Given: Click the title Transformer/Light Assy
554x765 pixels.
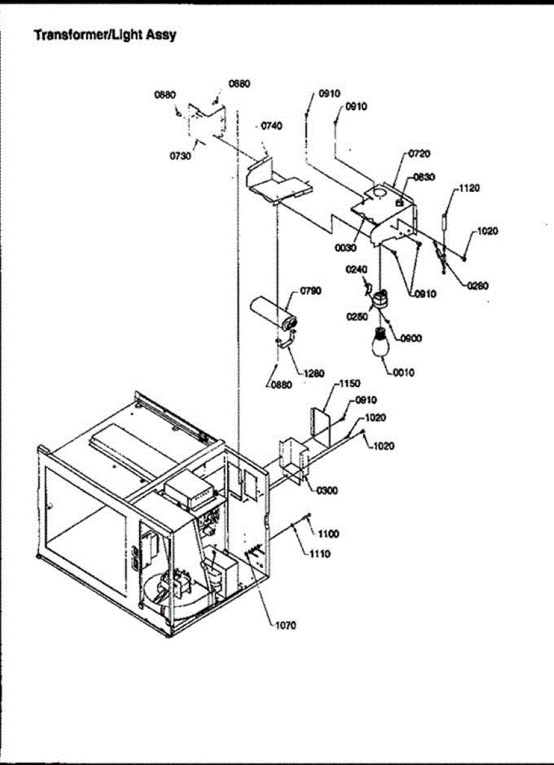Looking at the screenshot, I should (x=105, y=35).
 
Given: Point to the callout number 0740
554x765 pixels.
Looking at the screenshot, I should (x=271, y=126).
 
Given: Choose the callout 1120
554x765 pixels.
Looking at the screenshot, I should (x=469, y=188).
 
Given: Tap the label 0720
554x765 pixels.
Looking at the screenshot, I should (x=419, y=154).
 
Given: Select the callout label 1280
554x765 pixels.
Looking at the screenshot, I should (x=314, y=374).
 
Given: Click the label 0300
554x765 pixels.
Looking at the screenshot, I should (x=327, y=490).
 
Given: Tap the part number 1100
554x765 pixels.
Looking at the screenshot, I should (x=329, y=534).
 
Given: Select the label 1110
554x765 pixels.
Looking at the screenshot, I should (x=320, y=554).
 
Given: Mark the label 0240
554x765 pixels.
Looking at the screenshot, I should (x=357, y=269).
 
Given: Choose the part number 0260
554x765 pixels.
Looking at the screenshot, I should (x=477, y=286).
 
